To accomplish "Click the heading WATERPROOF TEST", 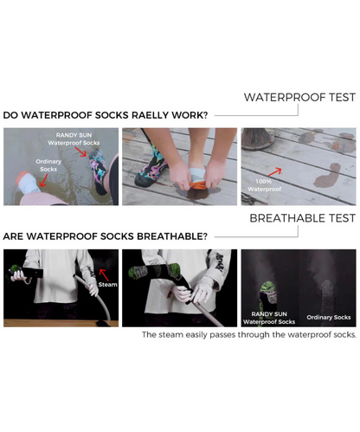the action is tap(299, 97).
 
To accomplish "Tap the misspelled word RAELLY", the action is tap(150, 115).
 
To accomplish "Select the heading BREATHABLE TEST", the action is tap(303, 218).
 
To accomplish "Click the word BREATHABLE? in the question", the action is tap(172, 236).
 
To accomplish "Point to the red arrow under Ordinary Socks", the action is tap(43, 180).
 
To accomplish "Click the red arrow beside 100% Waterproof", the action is tap(274, 171).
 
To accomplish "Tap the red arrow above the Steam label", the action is tap(104, 274).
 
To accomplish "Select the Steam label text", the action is tap(107, 285).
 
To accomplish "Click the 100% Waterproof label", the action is tap(264, 185).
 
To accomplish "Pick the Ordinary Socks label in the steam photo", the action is tap(329, 318).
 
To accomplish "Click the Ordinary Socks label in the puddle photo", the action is tap(48, 165).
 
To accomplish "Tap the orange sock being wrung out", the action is tap(195, 184).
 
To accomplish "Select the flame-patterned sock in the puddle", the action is tap(99, 172).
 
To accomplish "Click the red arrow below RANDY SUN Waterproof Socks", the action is tap(80, 152).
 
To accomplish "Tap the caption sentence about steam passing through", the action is tap(249, 335).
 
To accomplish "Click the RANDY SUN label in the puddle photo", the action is tap(74, 135).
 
